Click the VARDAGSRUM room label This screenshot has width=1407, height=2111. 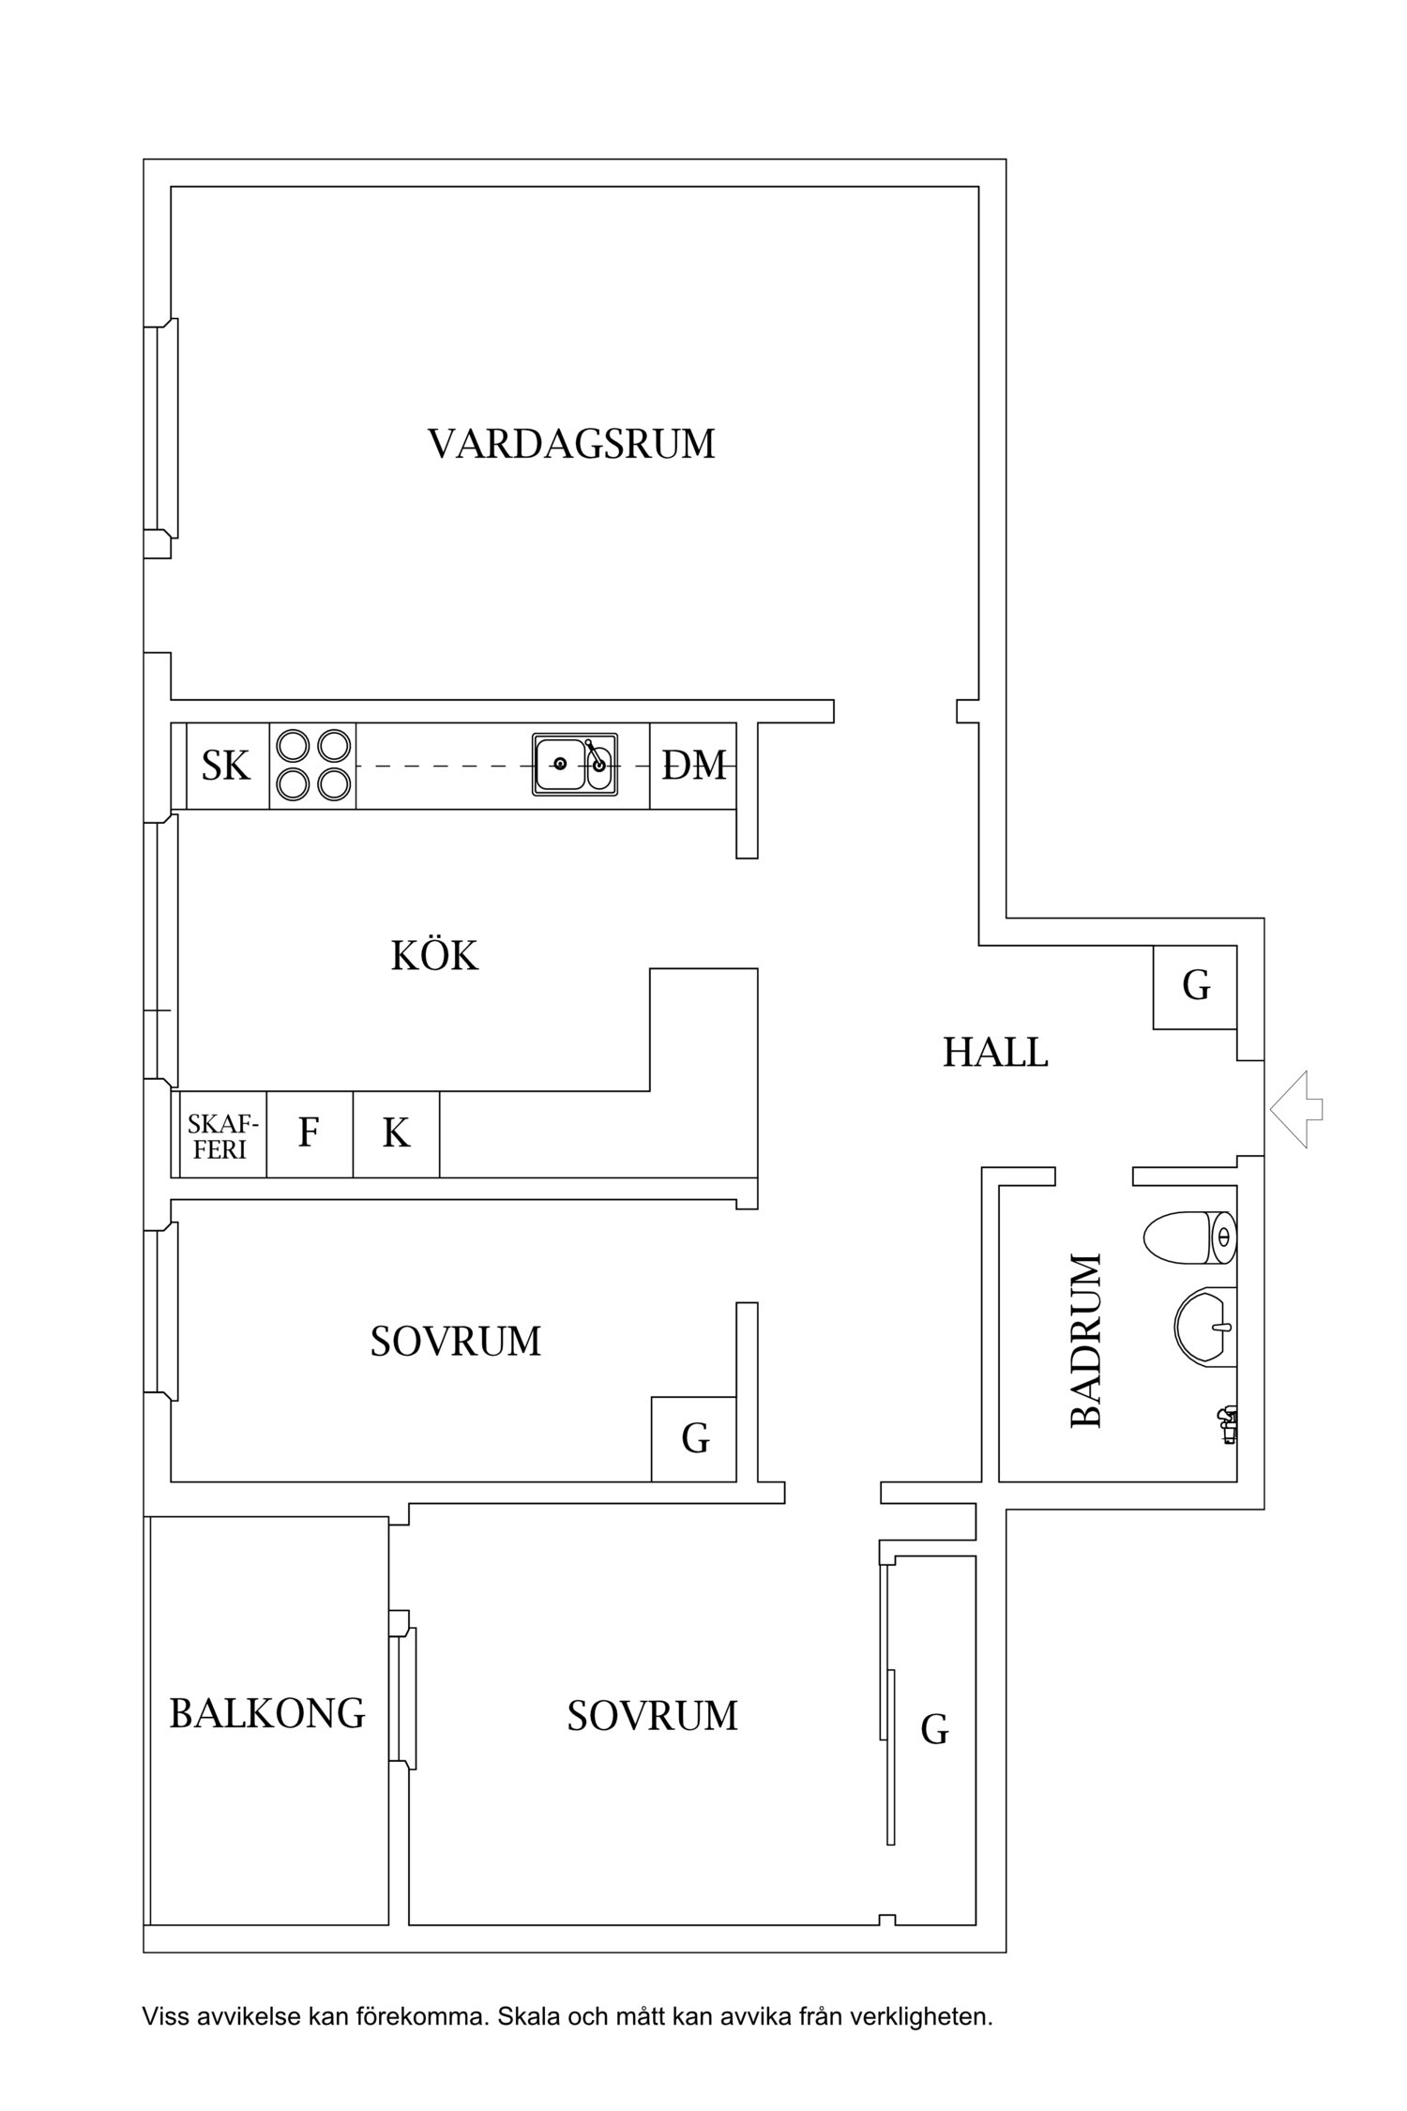(x=571, y=444)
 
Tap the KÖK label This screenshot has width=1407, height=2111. (x=434, y=956)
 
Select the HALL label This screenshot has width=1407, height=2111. (x=995, y=1053)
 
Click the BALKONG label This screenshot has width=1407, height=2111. (x=267, y=1713)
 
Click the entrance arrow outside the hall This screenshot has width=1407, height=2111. (x=1296, y=1110)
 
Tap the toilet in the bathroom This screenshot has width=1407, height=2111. (x=1189, y=1237)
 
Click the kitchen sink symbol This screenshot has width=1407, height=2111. (x=575, y=765)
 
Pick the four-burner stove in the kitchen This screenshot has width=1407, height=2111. (x=312, y=765)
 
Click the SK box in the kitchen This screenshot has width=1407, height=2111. (x=227, y=766)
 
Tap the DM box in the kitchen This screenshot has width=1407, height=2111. (x=693, y=766)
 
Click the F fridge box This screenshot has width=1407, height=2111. (x=309, y=1134)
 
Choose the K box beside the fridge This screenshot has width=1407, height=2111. (x=396, y=1134)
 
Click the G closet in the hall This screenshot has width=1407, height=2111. (x=1195, y=986)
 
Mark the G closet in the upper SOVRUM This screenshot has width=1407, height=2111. (x=694, y=1438)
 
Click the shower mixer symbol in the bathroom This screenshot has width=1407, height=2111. (x=1227, y=1422)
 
